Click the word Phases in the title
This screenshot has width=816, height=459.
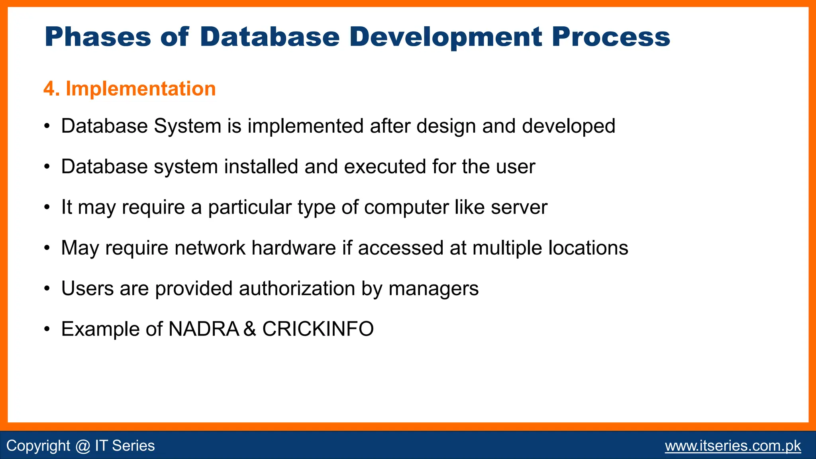(98, 37)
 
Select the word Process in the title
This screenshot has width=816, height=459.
(610, 37)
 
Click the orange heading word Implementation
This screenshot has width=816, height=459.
(141, 88)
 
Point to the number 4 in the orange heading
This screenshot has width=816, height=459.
(49, 88)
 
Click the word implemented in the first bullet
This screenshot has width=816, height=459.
(306, 126)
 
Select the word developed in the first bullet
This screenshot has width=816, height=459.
(569, 126)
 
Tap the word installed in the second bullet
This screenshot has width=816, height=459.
(261, 167)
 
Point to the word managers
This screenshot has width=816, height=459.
(433, 289)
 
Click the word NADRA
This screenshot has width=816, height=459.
(204, 329)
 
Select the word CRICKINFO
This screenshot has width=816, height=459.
(318, 329)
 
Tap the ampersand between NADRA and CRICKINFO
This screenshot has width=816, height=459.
(249, 329)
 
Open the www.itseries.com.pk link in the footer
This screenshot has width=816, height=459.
(733, 445)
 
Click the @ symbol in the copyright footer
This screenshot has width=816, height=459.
(82, 445)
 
